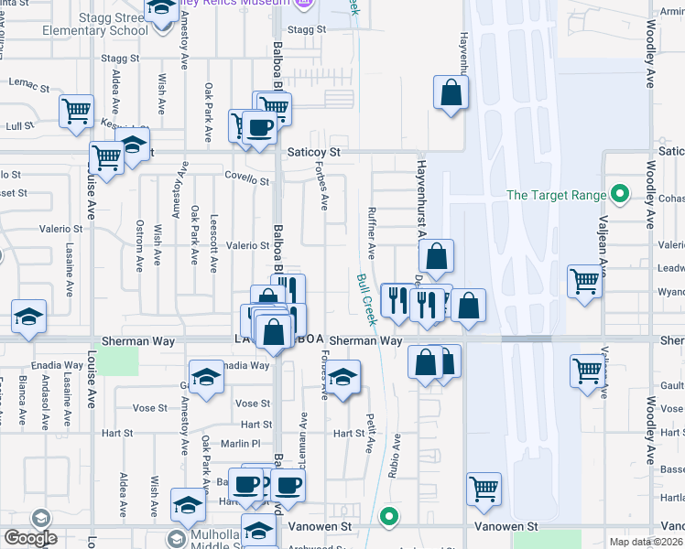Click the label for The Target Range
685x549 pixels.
556,195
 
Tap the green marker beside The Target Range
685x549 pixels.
620,194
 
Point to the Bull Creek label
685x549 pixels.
366,299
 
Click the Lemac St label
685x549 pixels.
28,84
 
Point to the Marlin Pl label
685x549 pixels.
245,443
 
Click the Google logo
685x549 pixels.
29,538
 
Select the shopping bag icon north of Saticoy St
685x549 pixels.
451,92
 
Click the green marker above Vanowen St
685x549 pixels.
389,516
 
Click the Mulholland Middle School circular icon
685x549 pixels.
177,539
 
